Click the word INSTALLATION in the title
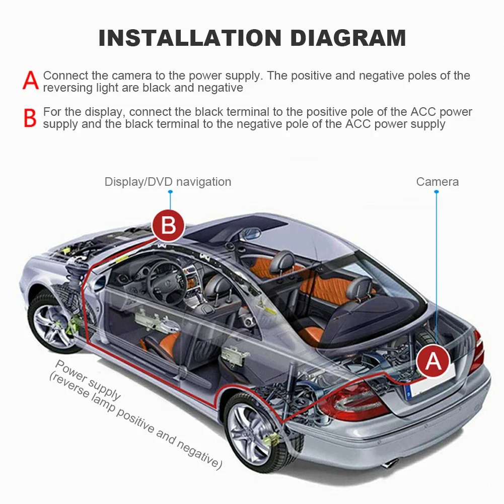(190, 38)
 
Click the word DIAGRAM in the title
(348, 38)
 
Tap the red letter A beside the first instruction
(31, 81)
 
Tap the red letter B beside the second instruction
(30, 118)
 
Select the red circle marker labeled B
(169, 225)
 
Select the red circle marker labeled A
(433, 361)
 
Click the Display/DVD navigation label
(168, 182)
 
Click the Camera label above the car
(437, 182)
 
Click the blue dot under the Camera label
(436, 192)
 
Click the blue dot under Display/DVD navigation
(170, 192)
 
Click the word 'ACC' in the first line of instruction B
(423, 112)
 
